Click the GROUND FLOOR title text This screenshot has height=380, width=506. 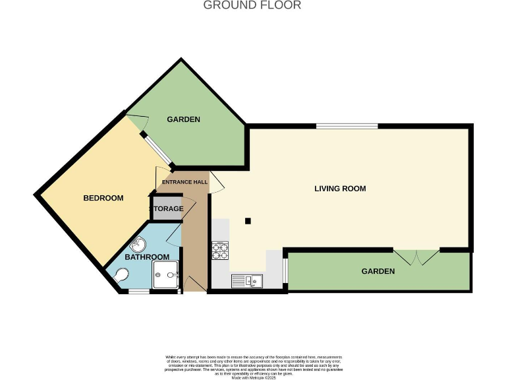(252, 5)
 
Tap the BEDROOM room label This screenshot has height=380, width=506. (103, 198)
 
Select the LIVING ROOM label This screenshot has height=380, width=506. (339, 189)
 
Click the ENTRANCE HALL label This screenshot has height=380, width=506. (185, 182)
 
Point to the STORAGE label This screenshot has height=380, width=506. (166, 209)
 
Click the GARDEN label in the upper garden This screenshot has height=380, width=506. (183, 119)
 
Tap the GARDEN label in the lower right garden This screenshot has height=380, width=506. (378, 271)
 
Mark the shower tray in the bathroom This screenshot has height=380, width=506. (165, 274)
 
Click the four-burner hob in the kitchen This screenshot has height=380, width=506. (219, 251)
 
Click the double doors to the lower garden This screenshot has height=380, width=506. (416, 256)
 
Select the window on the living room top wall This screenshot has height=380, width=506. (347, 126)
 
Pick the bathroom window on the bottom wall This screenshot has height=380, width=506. (138, 291)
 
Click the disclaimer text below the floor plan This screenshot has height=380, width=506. (253, 365)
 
